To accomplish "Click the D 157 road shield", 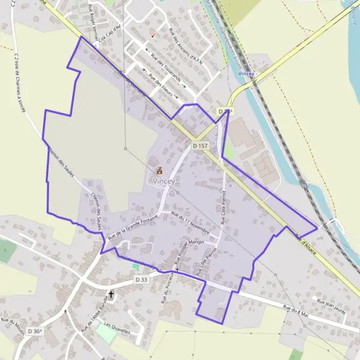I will tap(200, 146).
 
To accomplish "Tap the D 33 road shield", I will tap(141, 280).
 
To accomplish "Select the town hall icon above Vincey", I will tap(159, 171).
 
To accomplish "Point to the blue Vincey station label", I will tap(246, 73).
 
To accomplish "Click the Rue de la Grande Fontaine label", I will tap(132, 226).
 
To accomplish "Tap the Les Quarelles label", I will tap(116, 326).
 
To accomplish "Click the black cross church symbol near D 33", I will tap(111, 295).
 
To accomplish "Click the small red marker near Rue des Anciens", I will tap(153, 34).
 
